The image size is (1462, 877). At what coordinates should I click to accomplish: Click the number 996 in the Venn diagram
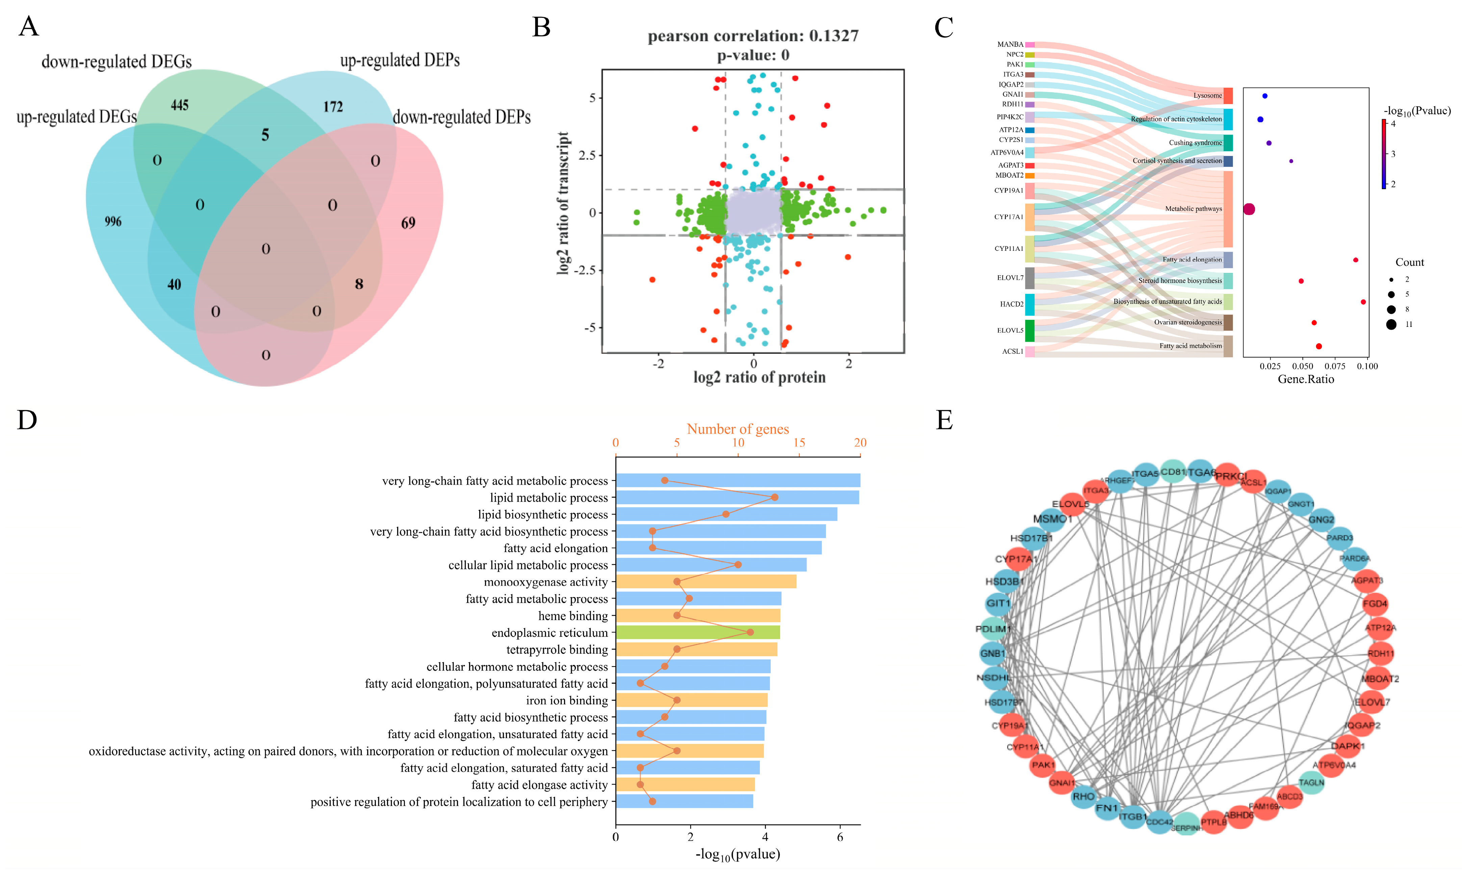[113, 222]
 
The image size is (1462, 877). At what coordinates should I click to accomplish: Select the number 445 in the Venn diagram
[180, 105]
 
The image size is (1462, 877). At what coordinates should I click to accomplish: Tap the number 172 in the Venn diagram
[333, 106]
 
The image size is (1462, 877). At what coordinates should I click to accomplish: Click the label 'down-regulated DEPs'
[462, 117]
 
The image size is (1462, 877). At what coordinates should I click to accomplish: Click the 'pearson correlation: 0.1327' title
[753, 36]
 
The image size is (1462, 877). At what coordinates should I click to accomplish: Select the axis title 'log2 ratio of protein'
[759, 377]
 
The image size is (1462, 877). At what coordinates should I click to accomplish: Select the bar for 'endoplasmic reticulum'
[697, 632]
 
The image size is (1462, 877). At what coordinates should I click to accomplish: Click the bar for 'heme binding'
[697, 616]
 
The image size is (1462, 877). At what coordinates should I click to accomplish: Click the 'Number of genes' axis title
[738, 429]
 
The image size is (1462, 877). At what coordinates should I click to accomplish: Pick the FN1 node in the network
[1107, 808]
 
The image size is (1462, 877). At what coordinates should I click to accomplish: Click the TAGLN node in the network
[1311, 782]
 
